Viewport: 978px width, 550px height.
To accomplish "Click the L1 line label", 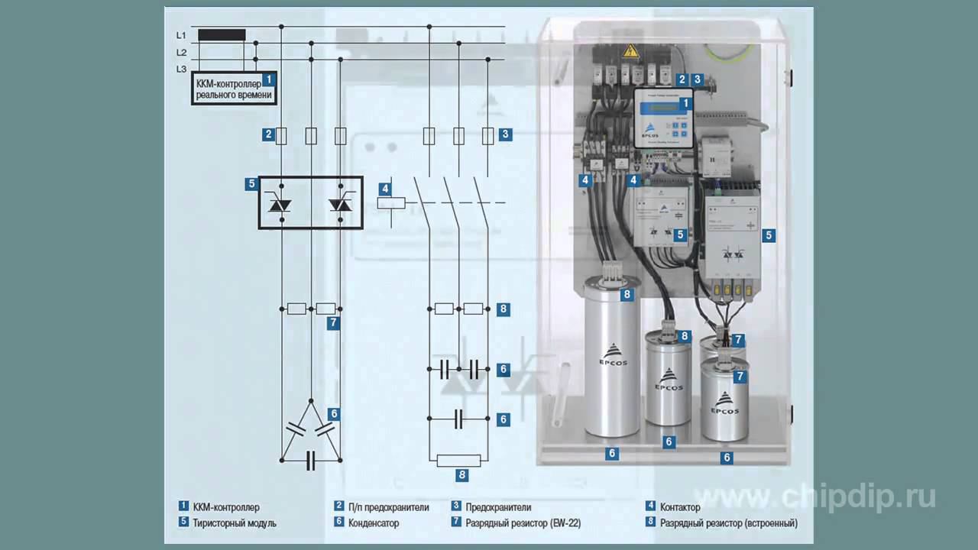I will click(x=181, y=35).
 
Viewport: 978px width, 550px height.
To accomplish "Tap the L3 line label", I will click(x=181, y=69).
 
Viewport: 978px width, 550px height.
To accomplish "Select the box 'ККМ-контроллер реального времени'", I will click(x=232, y=89).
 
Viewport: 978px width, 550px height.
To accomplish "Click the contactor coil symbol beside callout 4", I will click(x=392, y=203).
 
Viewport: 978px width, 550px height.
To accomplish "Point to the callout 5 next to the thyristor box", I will click(x=251, y=184).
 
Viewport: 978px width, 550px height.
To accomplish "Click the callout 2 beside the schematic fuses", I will click(x=268, y=134).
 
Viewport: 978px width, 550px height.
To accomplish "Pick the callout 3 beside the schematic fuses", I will click(x=505, y=134).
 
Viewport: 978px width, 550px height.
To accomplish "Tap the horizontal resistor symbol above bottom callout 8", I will click(x=458, y=460).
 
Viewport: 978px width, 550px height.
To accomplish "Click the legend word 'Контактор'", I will click(x=680, y=507).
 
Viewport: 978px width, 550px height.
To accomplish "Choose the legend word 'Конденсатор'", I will click(x=374, y=523).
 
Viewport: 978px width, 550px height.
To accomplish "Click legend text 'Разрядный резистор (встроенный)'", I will click(x=728, y=523).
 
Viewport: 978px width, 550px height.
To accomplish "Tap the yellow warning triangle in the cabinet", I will click(x=630, y=51).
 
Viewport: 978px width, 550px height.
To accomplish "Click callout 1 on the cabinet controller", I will click(x=685, y=102).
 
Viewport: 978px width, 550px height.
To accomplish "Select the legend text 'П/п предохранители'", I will click(x=388, y=507).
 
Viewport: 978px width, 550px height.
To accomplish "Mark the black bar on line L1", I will click(x=222, y=34).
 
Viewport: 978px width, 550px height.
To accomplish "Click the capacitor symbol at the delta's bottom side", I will click(x=310, y=461).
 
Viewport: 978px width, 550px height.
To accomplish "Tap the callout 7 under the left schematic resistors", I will click(x=333, y=323).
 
